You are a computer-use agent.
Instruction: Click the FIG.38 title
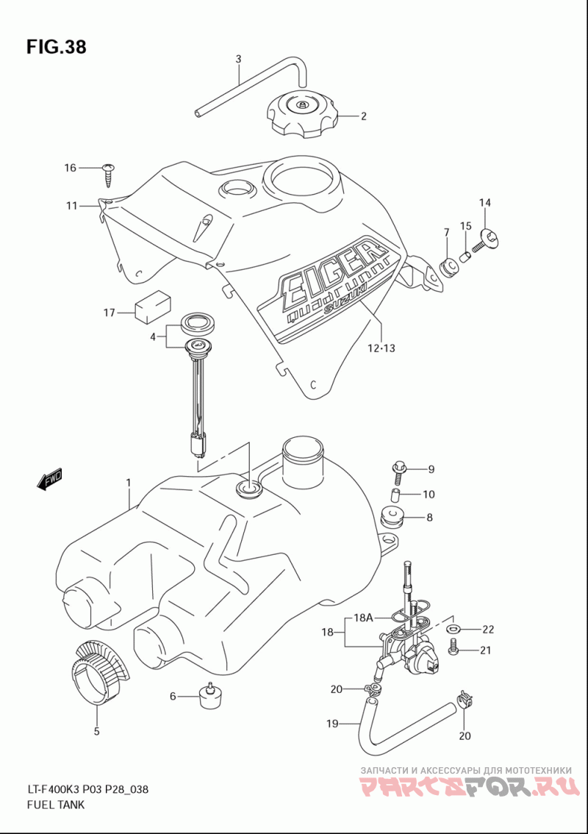(56, 47)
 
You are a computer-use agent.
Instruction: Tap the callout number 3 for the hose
(238, 59)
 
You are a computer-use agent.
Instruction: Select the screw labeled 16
(110, 174)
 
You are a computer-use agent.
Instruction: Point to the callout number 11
(72, 205)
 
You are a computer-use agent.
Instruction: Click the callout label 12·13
(381, 348)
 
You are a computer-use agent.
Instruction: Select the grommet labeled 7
(448, 265)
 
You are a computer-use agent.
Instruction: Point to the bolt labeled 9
(399, 469)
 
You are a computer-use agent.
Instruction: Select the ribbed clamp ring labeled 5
(100, 672)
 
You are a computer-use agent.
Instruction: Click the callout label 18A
(364, 618)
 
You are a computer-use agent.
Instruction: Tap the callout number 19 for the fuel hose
(332, 723)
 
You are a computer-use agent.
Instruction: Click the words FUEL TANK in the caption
(55, 804)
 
